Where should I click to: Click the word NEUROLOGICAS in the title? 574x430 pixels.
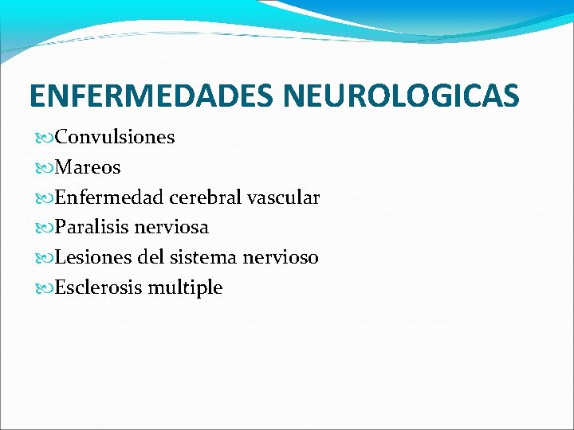(402, 96)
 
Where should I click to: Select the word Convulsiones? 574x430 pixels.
(115, 137)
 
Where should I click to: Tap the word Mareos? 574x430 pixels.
(88, 167)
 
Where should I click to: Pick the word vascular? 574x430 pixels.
(284, 197)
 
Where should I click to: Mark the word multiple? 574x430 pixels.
(185, 288)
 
